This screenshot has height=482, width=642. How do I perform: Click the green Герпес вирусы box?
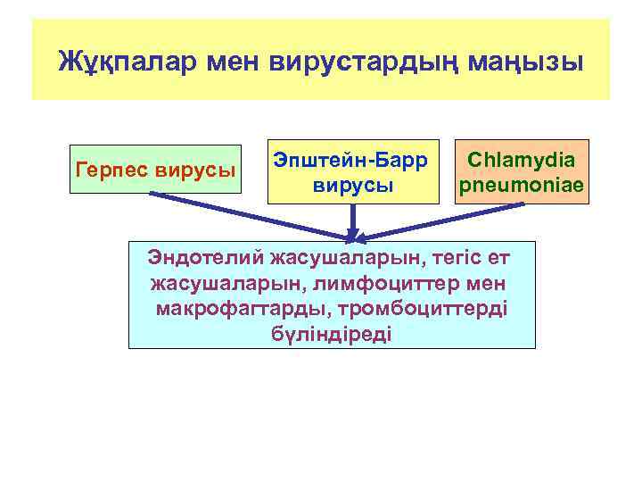[x=155, y=169]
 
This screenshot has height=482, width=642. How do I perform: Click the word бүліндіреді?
[x=331, y=334]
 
